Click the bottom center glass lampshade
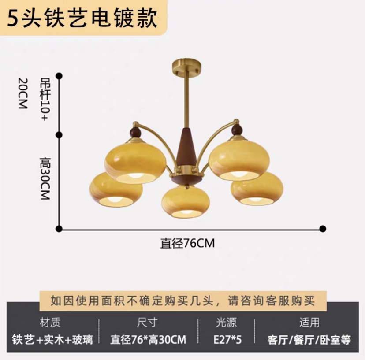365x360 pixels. pyautogui.click(x=185, y=202)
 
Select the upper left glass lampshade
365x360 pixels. pyautogui.click(x=135, y=161)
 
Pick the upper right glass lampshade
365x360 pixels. pyautogui.click(x=239, y=159)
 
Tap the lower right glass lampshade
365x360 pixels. pyautogui.click(x=257, y=189)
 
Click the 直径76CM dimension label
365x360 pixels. pyautogui.click(x=187, y=243)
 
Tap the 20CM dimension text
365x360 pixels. pyautogui.click(x=22, y=93)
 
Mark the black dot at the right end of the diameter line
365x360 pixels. pyautogui.click(x=323, y=228)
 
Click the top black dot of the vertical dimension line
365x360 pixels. pyautogui.click(x=59, y=76)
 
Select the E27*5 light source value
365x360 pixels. pyautogui.click(x=226, y=340)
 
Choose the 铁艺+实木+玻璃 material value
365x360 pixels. pyautogui.click(x=52, y=340)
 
